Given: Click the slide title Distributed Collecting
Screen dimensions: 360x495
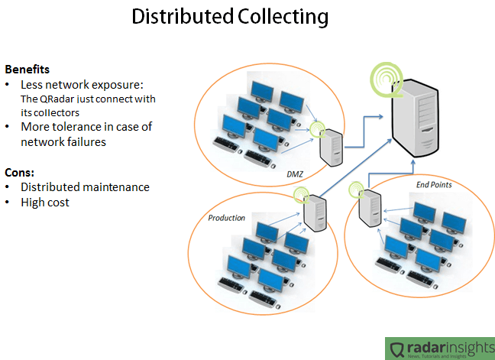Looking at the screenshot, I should [230, 18].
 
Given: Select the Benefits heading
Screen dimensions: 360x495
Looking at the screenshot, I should [27, 69].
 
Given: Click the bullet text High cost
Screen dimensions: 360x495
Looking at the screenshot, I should [45, 202].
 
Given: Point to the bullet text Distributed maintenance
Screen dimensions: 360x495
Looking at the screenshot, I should [85, 186].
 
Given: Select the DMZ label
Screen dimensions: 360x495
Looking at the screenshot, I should [296, 174].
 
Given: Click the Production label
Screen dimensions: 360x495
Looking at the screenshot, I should [227, 218].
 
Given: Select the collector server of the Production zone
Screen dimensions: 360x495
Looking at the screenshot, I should [315, 214].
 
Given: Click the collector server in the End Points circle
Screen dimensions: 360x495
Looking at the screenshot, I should [370, 207].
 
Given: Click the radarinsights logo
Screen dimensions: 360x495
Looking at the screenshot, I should [438, 348].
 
